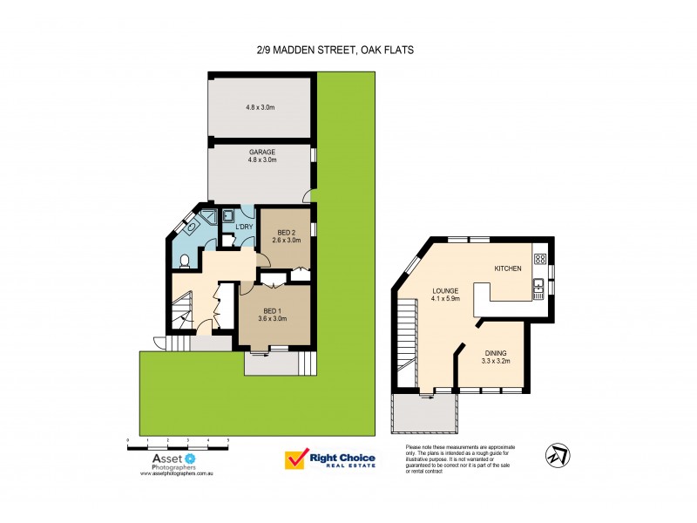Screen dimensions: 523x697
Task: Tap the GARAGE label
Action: pos(261,152)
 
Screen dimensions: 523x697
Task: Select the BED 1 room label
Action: pos(273,311)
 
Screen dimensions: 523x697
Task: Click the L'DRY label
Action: pos(244,228)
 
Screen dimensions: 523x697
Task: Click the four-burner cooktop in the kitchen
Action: pos(539,258)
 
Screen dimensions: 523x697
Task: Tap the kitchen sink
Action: pos(539,285)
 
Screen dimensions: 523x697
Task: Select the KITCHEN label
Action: pos(508,268)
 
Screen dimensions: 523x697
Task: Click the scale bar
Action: pos(178,445)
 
